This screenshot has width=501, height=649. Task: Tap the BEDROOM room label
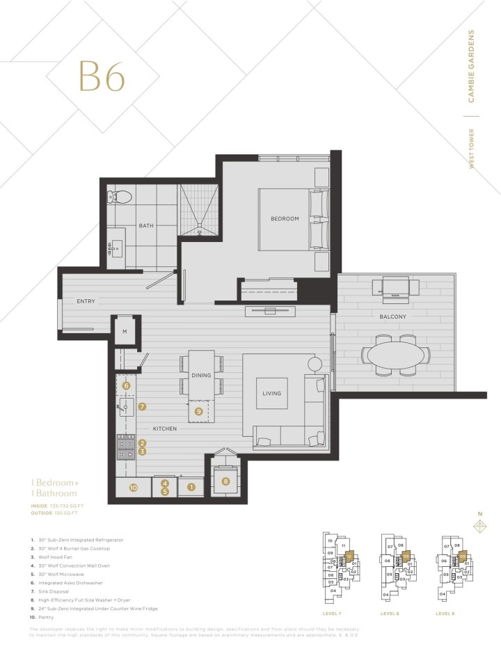click(285, 218)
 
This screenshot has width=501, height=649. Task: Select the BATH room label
click(146, 225)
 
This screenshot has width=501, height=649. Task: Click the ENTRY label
click(86, 301)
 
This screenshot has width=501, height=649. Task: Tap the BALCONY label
click(392, 317)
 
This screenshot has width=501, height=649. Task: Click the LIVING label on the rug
click(271, 393)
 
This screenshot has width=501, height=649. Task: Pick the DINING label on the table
click(201, 376)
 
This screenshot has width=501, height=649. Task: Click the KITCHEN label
click(166, 428)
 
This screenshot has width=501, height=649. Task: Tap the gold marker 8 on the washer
click(225, 481)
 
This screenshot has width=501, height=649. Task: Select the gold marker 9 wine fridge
click(198, 411)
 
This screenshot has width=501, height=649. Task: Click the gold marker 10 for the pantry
click(132, 488)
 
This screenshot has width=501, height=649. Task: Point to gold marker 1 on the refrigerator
click(190, 488)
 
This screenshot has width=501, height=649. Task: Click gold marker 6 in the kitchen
click(126, 385)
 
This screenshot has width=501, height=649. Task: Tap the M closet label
click(125, 331)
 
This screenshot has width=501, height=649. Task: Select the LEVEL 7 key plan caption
click(333, 614)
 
